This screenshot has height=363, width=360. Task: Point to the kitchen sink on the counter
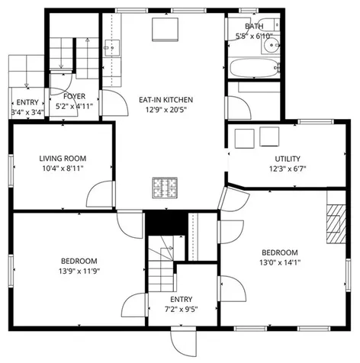click(x=114, y=50)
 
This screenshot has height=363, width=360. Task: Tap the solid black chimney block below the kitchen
click(x=166, y=223)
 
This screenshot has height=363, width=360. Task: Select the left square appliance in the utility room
click(x=244, y=138)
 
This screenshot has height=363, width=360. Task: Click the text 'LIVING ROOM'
click(x=61, y=159)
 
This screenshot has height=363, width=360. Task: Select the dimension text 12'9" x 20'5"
click(x=166, y=110)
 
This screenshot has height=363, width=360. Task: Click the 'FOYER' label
click(x=75, y=97)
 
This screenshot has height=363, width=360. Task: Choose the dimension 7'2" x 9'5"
click(x=182, y=310)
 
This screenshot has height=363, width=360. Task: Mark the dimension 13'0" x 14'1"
click(x=281, y=263)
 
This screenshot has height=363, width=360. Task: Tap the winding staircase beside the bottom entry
click(x=159, y=264)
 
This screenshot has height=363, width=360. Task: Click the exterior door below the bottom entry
click(x=183, y=339)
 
